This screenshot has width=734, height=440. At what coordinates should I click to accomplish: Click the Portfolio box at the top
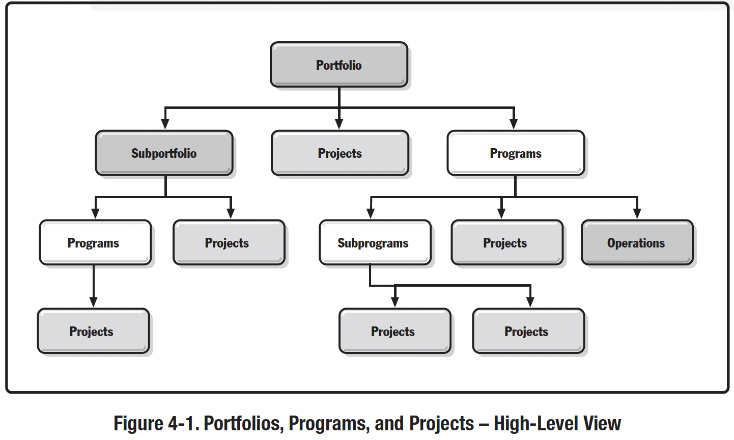point(339,65)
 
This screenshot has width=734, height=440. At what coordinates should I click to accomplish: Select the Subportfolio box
point(164,153)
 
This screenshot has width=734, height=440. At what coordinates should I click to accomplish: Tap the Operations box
point(637,242)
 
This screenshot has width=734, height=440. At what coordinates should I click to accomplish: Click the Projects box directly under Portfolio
point(340,153)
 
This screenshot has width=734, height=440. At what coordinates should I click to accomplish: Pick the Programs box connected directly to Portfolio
point(516,153)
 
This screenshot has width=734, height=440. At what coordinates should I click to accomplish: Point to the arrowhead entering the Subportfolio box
point(165,124)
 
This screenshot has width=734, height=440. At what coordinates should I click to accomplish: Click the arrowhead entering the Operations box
point(637,213)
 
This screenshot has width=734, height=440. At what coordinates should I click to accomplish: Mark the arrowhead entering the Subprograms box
point(371,213)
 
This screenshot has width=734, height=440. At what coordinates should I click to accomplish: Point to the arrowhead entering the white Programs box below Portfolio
point(514,124)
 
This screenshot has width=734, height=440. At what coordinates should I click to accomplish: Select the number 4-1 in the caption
point(183,423)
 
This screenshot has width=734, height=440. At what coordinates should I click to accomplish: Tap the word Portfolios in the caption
point(243,423)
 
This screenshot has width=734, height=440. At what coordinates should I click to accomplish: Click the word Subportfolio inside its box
point(164,153)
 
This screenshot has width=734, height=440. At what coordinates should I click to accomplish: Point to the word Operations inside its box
point(636,243)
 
